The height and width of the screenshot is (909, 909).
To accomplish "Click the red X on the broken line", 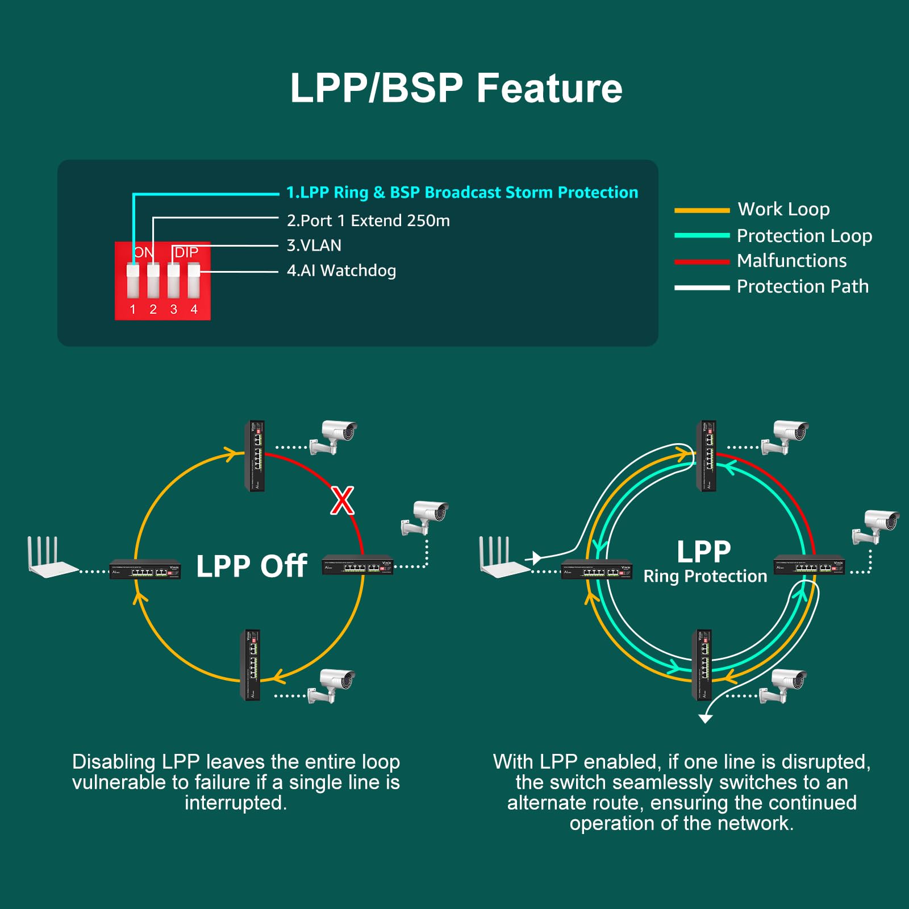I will (x=343, y=501).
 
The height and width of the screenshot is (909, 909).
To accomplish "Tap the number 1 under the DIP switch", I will (x=133, y=309).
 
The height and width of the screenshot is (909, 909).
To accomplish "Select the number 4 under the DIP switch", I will (x=194, y=309).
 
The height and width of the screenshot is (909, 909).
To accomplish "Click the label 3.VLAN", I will (x=314, y=245).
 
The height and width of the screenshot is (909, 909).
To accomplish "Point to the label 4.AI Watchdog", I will (x=341, y=270).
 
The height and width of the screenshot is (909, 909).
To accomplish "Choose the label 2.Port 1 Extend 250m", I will (x=368, y=220).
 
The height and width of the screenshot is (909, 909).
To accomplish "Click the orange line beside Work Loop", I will (x=702, y=210).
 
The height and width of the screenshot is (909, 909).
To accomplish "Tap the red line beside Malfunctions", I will (x=702, y=262).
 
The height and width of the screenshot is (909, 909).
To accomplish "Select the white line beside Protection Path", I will (x=702, y=287).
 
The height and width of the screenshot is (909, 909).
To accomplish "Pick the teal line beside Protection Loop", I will (x=702, y=235).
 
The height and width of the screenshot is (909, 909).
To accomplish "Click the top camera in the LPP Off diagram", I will (x=334, y=436).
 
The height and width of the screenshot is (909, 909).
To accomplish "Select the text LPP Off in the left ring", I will (x=252, y=566).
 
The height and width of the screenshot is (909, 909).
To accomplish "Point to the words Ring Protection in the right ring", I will (x=705, y=576).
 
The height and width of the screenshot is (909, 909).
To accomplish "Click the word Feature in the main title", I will (x=549, y=88).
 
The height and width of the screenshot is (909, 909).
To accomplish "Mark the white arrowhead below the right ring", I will (x=705, y=719).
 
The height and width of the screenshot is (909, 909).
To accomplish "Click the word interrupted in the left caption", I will (x=236, y=803).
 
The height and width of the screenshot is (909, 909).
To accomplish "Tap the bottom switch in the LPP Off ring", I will (x=251, y=665).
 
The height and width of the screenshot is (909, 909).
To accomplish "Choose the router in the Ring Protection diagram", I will (x=503, y=560).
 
